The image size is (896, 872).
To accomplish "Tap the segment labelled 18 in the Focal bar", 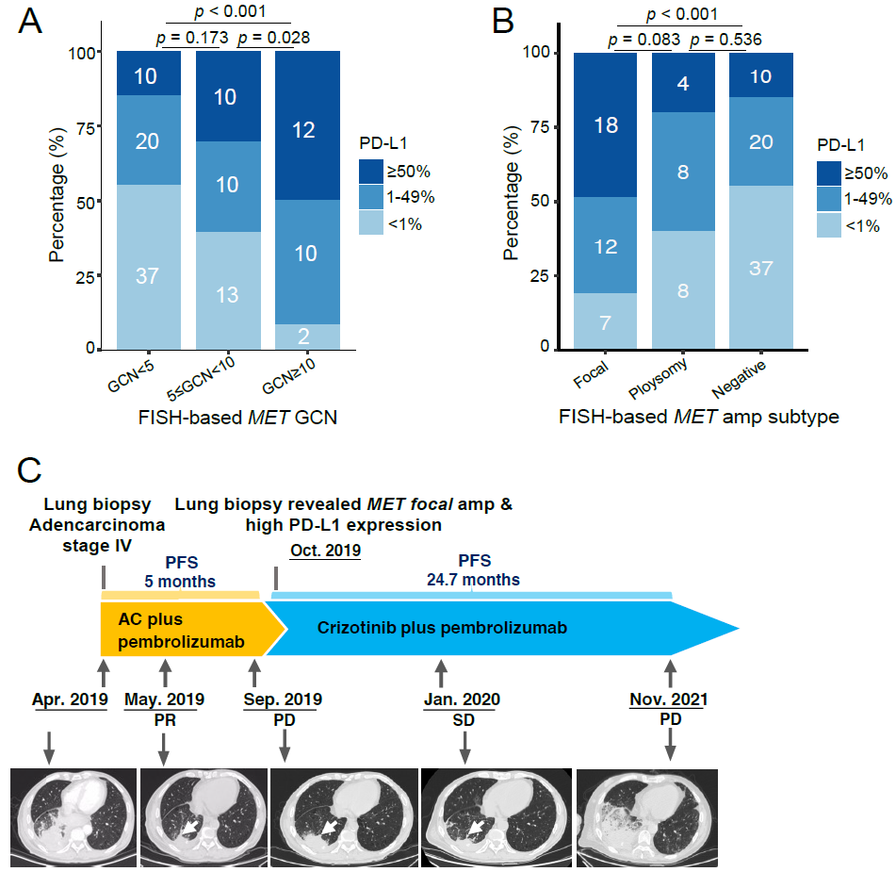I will [605, 124].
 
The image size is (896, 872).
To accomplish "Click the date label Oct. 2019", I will [325, 550].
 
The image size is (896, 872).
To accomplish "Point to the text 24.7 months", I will [471, 580].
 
